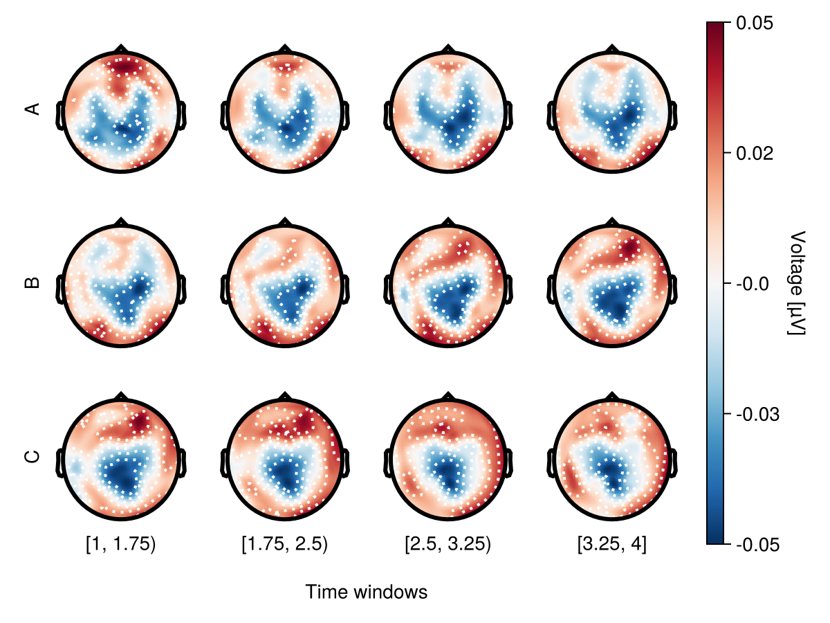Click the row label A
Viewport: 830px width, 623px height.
click(32, 109)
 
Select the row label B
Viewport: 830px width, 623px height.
click(32, 282)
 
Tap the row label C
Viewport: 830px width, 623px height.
click(32, 456)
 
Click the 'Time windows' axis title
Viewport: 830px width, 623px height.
click(367, 593)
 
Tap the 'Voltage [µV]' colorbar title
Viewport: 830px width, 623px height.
click(796, 284)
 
